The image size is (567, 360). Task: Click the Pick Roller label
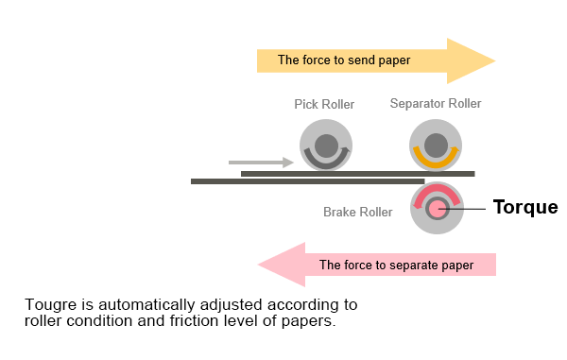[x=325, y=104]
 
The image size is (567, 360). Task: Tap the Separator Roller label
[x=436, y=104]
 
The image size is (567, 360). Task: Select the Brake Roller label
[x=357, y=213]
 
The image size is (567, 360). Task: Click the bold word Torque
[x=525, y=208]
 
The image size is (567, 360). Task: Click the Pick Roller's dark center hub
[x=326, y=146]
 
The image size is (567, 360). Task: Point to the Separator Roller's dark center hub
[x=436, y=145]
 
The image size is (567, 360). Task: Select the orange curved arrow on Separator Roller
[x=436, y=163]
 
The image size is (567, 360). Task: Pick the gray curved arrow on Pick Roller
[x=325, y=163]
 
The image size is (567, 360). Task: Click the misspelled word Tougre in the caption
[x=49, y=305]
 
